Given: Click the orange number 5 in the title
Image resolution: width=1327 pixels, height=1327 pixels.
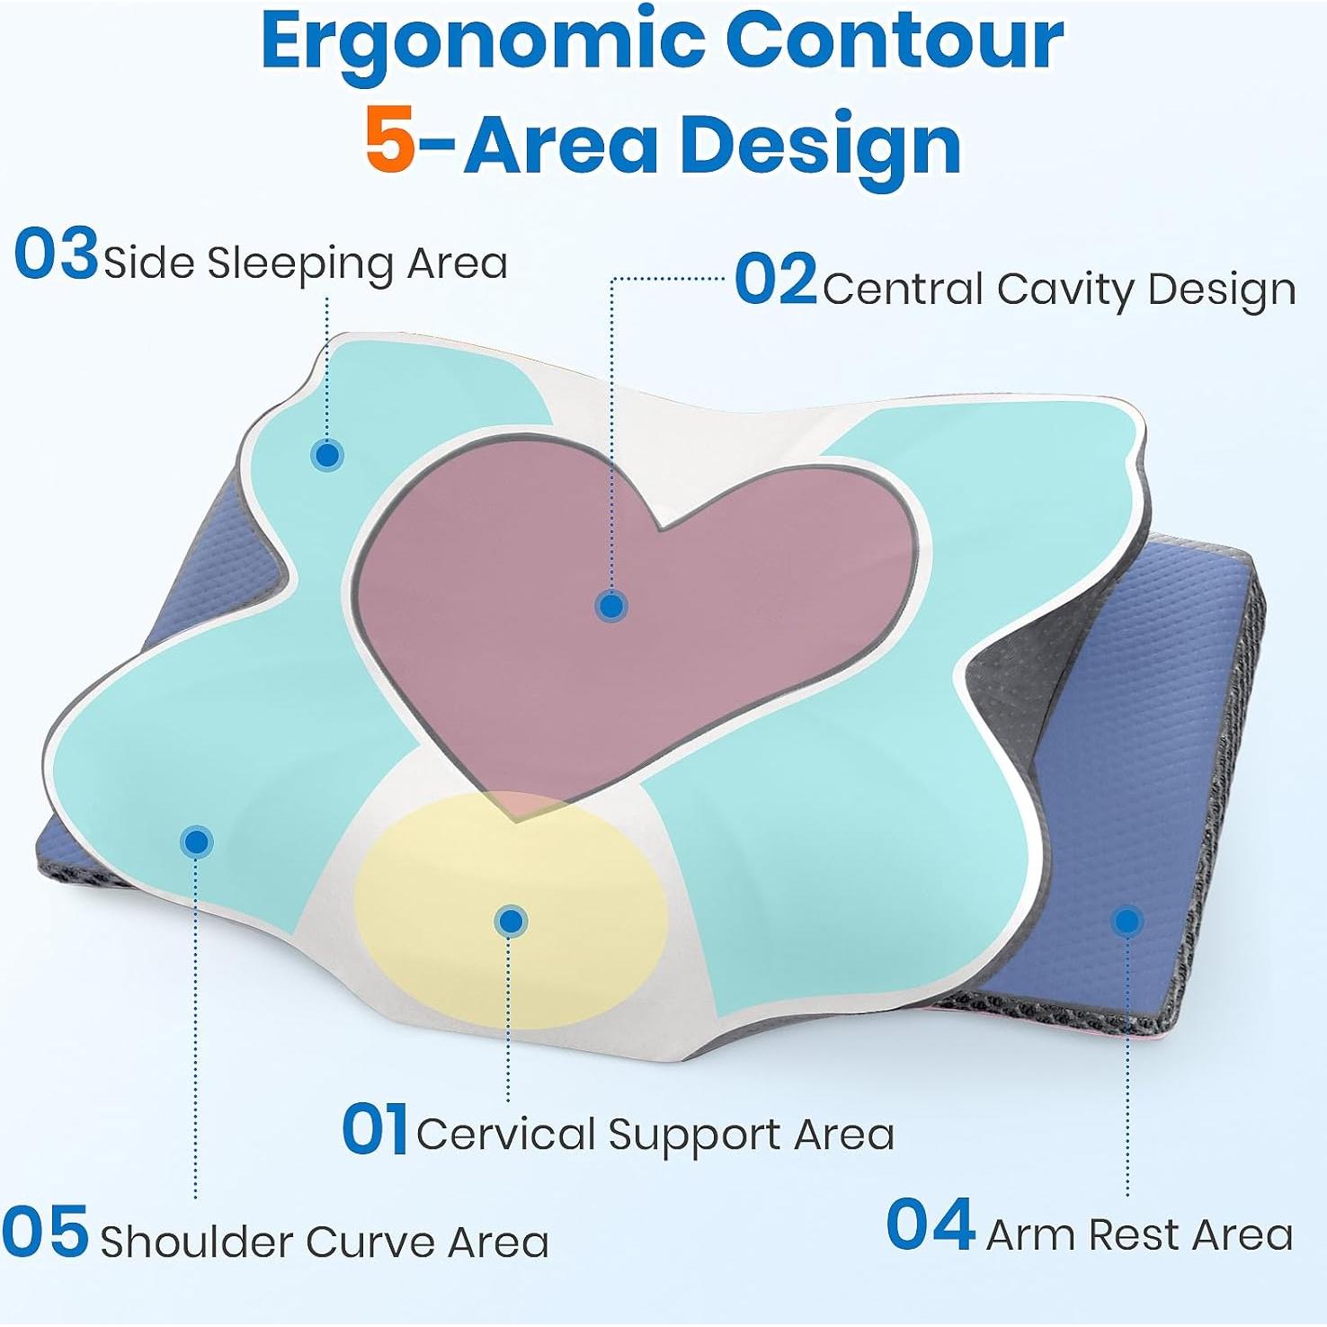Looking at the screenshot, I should [x=390, y=144].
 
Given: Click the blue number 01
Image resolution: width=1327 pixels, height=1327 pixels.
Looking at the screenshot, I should [x=374, y=1129].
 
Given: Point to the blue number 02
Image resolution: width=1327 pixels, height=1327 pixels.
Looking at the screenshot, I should [x=775, y=280].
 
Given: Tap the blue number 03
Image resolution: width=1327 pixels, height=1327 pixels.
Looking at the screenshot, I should [x=56, y=254].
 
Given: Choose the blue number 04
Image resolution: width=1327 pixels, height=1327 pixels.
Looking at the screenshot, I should [x=931, y=1225].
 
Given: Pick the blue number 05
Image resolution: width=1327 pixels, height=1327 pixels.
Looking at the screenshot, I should [x=45, y=1233].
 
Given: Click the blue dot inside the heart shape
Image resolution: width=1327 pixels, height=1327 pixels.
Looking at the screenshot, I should [x=611, y=606].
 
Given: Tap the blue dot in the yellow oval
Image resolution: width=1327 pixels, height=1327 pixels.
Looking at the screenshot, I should [x=511, y=921].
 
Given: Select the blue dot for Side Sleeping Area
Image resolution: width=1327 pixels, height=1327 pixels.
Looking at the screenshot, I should [x=327, y=455].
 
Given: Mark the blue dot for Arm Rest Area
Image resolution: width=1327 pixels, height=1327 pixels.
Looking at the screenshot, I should [x=1127, y=921].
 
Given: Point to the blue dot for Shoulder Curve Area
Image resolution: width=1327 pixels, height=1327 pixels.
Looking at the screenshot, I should [x=196, y=842].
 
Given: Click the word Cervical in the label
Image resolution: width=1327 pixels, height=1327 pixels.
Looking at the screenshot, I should [x=505, y=1135].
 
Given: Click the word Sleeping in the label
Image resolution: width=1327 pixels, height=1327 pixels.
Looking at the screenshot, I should [x=300, y=264].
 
